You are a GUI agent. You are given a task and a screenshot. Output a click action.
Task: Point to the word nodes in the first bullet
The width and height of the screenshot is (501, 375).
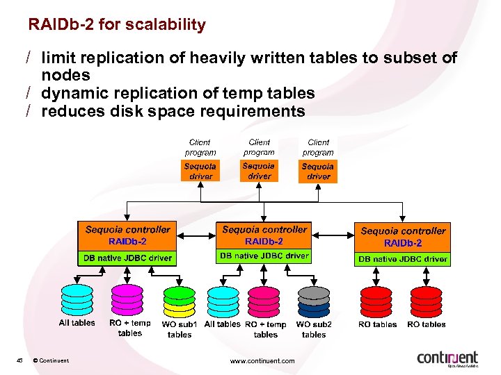pos(65,75)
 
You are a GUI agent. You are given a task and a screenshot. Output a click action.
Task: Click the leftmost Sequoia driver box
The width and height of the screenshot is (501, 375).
pos(200,172)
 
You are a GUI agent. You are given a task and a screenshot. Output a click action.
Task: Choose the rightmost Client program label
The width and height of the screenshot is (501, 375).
pos(318,147)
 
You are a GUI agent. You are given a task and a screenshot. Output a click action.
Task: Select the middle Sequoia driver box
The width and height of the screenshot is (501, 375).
pos(259,171)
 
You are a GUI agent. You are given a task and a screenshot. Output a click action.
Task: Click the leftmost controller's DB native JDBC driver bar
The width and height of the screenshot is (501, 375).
pos(127,258)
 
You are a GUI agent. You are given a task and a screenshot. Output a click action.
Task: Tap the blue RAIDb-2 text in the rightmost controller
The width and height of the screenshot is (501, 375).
pos(403,243)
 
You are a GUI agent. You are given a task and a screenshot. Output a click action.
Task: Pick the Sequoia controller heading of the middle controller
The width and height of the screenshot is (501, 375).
pos(264,230)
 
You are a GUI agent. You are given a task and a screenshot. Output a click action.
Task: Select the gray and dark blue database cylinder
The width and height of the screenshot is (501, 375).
pos(314,300)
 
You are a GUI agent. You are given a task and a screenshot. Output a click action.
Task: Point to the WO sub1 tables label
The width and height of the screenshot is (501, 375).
pos(180,329)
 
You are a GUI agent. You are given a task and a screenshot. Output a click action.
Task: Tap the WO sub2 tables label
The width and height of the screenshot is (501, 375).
pos(314,329)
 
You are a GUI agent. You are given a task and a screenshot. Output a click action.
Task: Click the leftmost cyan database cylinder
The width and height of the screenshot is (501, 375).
pos(77,299)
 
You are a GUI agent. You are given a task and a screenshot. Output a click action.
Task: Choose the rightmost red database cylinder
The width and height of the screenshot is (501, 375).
pos(426,300)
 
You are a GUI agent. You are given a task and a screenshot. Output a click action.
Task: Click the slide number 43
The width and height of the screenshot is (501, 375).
pos(21,360)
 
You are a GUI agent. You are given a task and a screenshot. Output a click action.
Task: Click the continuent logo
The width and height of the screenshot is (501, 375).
pos(447,358)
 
